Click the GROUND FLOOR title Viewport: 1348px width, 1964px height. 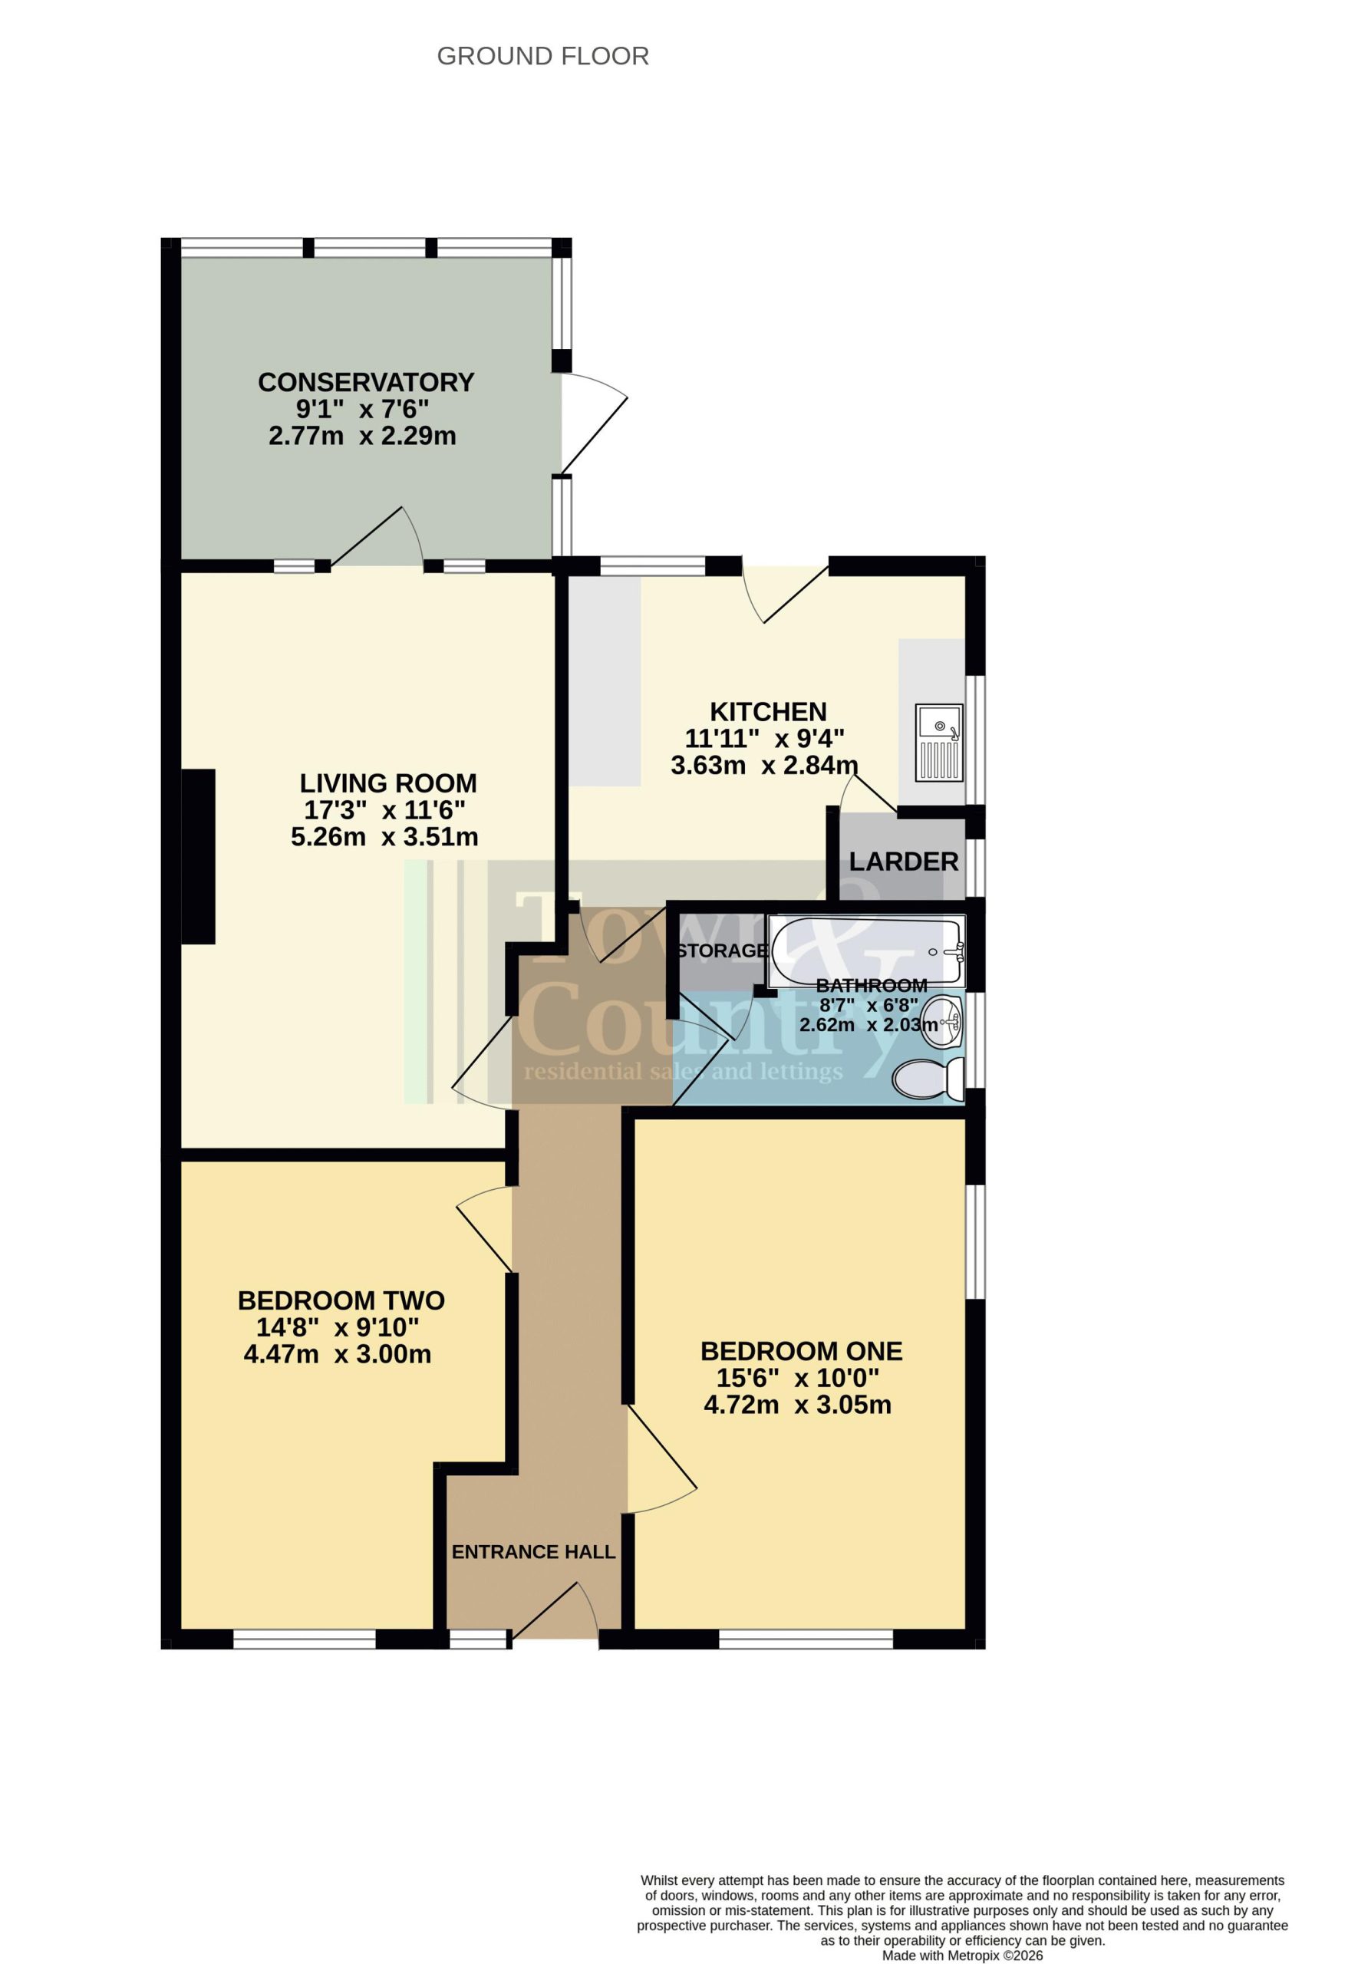(542, 57)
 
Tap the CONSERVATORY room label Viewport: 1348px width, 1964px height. (366, 382)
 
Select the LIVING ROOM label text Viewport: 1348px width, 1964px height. (388, 783)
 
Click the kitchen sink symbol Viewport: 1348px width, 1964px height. (939, 743)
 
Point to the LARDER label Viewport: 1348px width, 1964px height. (904, 862)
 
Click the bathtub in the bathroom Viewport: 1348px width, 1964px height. (865, 951)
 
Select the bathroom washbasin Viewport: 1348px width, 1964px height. (941, 1023)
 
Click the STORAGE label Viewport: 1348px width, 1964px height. (723, 951)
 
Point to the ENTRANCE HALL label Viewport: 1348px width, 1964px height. (533, 1553)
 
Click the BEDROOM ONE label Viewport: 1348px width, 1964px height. (801, 1351)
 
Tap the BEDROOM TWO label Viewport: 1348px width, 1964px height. (341, 1300)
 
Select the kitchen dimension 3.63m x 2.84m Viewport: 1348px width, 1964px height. (764, 766)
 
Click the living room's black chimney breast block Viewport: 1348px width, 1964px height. (198, 856)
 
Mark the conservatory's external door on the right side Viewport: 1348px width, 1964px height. (594, 423)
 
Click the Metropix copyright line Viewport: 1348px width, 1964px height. (963, 1956)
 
